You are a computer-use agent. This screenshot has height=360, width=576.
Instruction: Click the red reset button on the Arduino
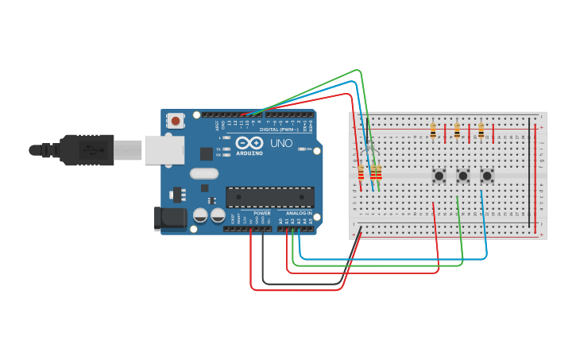175,121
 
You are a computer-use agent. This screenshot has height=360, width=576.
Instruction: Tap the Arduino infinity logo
249,144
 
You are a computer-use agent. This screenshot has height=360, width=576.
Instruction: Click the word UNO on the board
282,145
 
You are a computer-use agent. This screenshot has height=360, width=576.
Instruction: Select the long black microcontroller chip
269,196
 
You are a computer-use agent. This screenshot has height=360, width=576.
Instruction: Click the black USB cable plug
87,149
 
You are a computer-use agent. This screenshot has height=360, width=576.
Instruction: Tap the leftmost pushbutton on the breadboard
438,175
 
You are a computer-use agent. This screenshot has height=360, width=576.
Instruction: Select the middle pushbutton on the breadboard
462,175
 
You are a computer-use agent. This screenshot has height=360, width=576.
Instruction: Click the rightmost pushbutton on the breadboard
487,175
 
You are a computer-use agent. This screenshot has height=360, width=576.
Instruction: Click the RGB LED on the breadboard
367,150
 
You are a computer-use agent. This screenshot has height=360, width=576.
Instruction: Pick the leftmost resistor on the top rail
433,130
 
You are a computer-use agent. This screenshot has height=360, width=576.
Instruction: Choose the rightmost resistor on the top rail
481,130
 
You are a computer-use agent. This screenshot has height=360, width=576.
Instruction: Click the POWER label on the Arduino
262,213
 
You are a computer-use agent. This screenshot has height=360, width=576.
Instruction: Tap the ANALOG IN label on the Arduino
299,213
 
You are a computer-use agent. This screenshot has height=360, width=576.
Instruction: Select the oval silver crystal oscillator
204,173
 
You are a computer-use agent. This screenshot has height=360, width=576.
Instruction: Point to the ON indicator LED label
308,149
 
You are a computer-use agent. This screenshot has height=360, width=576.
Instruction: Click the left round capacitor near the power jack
200,215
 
